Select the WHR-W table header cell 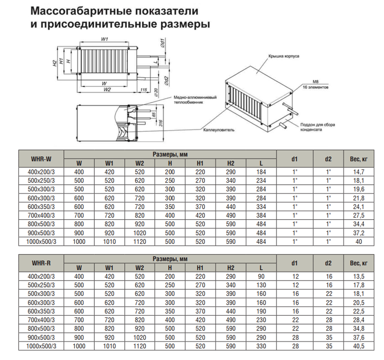click(x=41, y=159)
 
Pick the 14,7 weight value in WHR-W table click(x=358, y=172)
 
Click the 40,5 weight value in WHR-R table click(x=358, y=346)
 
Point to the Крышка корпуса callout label click(x=283, y=56)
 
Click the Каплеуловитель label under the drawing click(x=219, y=130)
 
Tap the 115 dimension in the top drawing click(x=144, y=90)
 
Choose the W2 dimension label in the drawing click(x=106, y=90)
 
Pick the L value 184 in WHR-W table click(x=261, y=172)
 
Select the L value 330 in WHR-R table click(x=261, y=346)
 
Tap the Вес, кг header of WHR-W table click(x=358, y=159)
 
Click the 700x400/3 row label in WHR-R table click(x=41, y=320)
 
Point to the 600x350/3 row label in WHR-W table click(x=41, y=207)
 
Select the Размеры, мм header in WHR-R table click(x=170, y=259)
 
